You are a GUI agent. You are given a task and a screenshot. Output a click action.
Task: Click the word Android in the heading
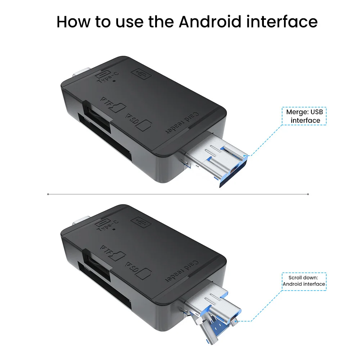[210, 22]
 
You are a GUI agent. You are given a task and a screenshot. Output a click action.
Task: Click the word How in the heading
[73, 22]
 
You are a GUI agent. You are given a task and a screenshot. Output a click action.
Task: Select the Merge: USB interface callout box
[304, 116]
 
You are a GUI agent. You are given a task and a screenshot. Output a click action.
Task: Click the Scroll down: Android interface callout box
[304, 282]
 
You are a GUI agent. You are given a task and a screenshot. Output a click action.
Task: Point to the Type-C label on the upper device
[107, 78]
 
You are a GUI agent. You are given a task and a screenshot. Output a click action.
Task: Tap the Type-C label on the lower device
[107, 226]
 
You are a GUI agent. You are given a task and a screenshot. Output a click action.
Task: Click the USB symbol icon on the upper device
[141, 74]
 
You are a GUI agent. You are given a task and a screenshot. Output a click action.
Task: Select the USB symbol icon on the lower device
[141, 222]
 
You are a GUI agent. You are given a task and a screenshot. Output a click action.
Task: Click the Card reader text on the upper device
[182, 123]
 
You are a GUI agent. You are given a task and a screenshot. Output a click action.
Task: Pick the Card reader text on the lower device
[182, 271]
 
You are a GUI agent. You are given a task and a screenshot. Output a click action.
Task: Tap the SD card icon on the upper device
[144, 125]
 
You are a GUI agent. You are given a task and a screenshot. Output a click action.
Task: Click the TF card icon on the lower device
[118, 256]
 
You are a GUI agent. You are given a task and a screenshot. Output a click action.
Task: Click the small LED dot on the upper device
[114, 81]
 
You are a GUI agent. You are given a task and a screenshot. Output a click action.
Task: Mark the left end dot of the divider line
[48, 194]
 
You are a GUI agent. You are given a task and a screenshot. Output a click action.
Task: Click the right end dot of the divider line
[308, 194]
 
